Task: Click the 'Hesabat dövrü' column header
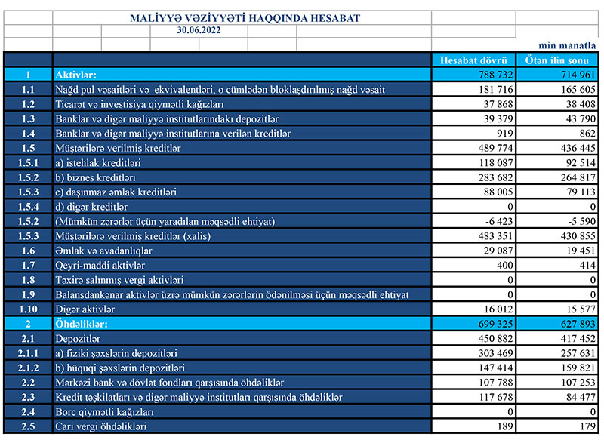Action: coord(473,60)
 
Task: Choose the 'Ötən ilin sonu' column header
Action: coord(557,60)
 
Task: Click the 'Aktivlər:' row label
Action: coord(76,75)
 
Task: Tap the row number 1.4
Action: coord(29,133)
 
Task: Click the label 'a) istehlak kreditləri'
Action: coord(97,162)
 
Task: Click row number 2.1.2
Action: coord(29,368)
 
